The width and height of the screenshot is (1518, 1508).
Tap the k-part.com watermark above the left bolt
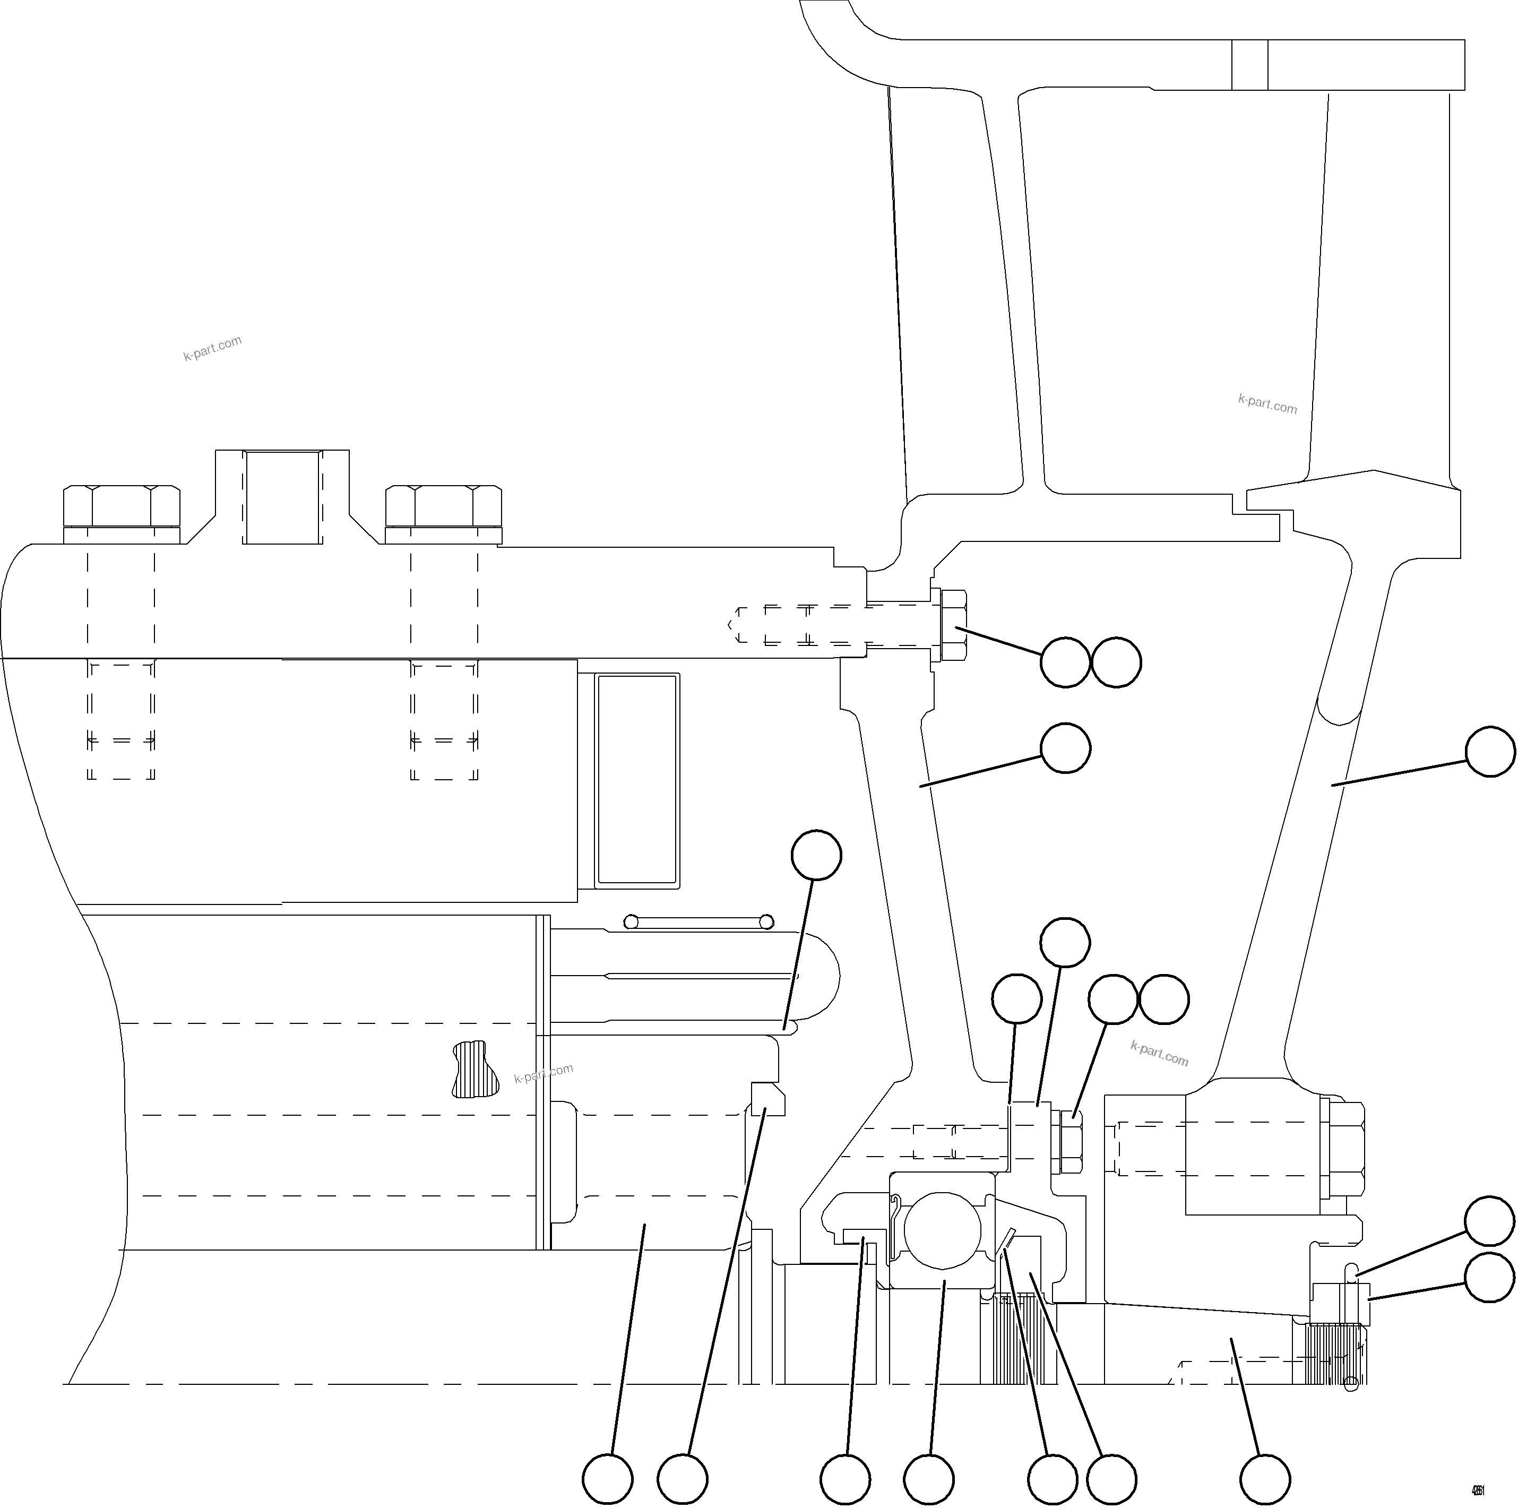(x=212, y=348)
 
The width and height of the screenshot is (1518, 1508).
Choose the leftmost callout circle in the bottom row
(x=607, y=1478)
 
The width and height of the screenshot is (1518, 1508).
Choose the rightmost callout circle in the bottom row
(x=1264, y=1478)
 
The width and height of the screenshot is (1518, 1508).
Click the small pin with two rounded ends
(x=698, y=921)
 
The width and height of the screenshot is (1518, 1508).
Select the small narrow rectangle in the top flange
(x=1249, y=64)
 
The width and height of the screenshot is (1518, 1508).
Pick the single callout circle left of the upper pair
(x=1017, y=999)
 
